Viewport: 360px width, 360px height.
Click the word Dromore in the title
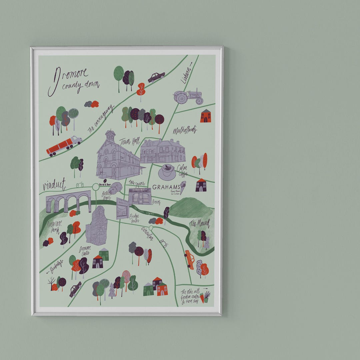pos(70,76)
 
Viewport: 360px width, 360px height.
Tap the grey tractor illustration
pos(188,96)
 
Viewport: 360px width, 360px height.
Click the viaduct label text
pos(54,184)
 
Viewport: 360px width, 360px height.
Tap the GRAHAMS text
pos(166,187)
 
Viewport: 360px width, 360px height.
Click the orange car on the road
pos(190,259)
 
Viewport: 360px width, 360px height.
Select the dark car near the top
pos(156,77)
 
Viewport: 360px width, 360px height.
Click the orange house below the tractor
pos(205,116)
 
